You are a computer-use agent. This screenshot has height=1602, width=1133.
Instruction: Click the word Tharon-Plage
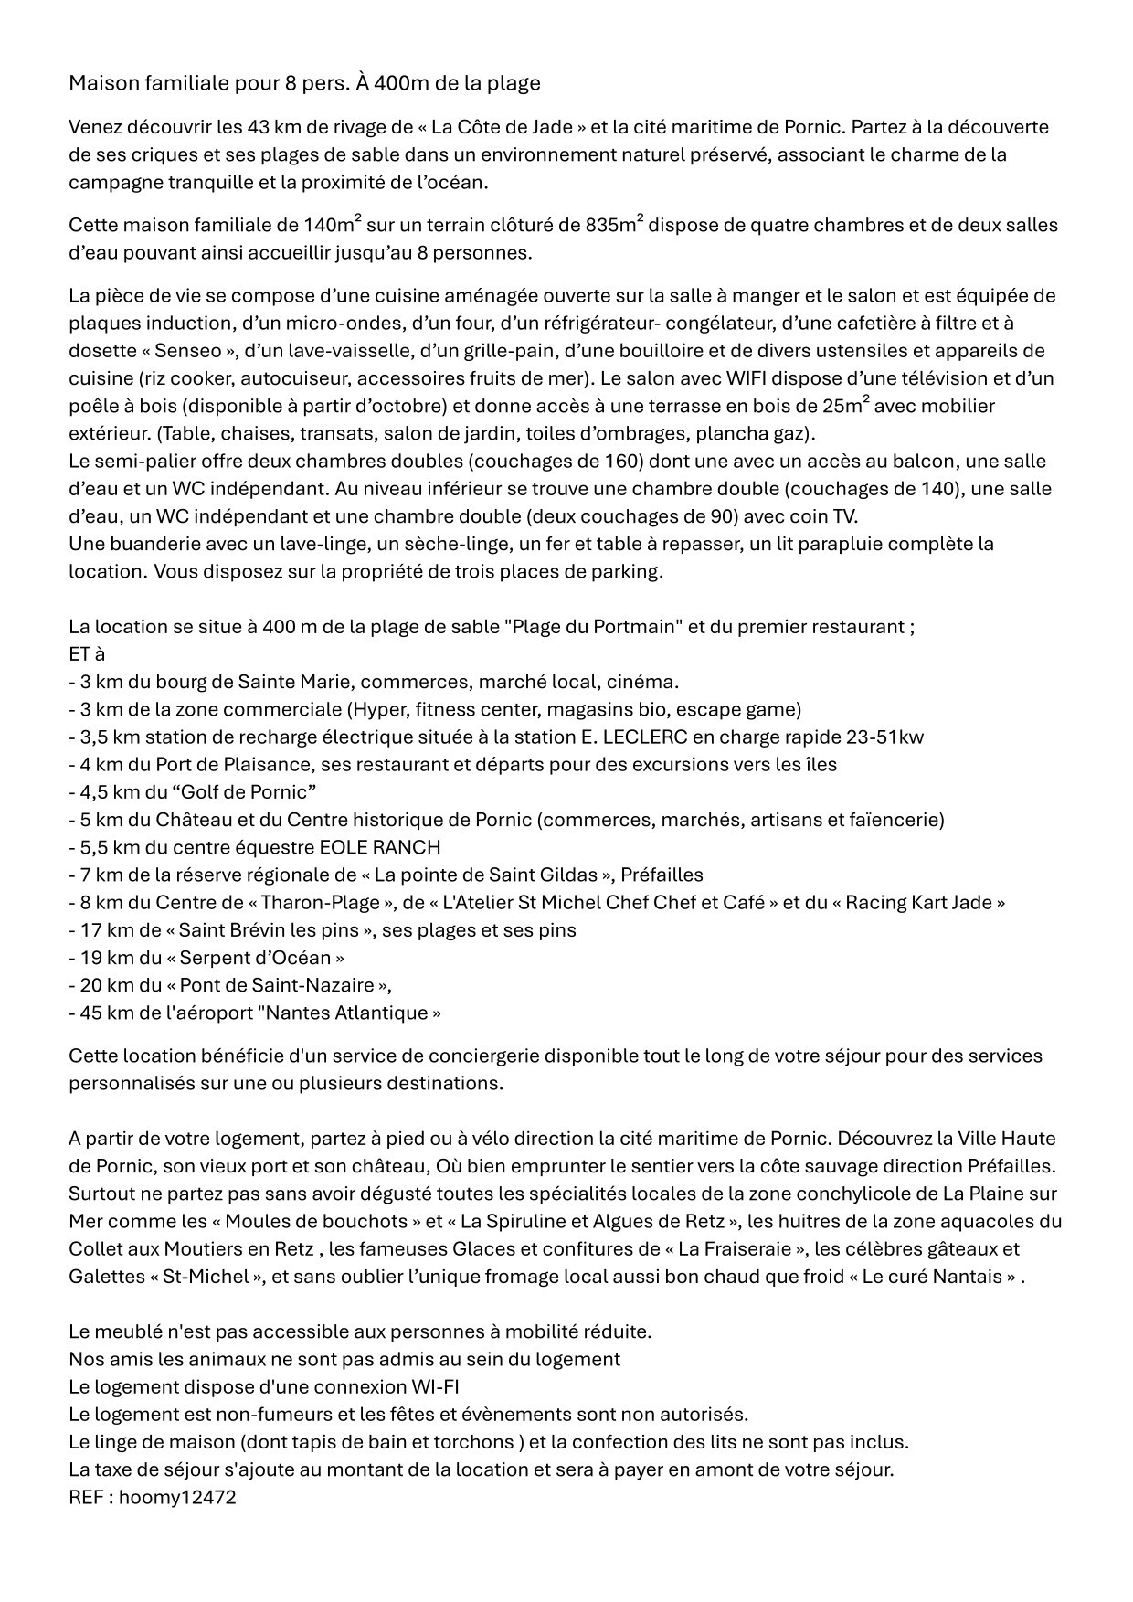320,902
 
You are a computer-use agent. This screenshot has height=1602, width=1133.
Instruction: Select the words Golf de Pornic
242,791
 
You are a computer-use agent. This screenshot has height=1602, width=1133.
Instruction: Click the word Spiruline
529,1221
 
